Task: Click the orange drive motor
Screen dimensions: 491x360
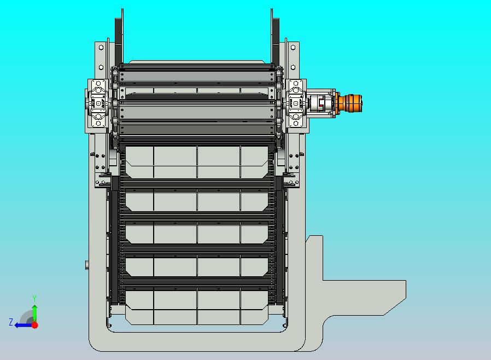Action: tap(349, 102)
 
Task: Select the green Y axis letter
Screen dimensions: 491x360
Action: tap(34, 298)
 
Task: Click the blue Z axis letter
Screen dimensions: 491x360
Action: tap(11, 322)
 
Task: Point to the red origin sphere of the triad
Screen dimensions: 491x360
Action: tap(35, 325)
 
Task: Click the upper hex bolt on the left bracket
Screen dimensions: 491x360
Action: tap(101, 47)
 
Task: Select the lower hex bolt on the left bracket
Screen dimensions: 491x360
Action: tap(101, 67)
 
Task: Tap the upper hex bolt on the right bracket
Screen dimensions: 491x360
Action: tap(293, 47)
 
